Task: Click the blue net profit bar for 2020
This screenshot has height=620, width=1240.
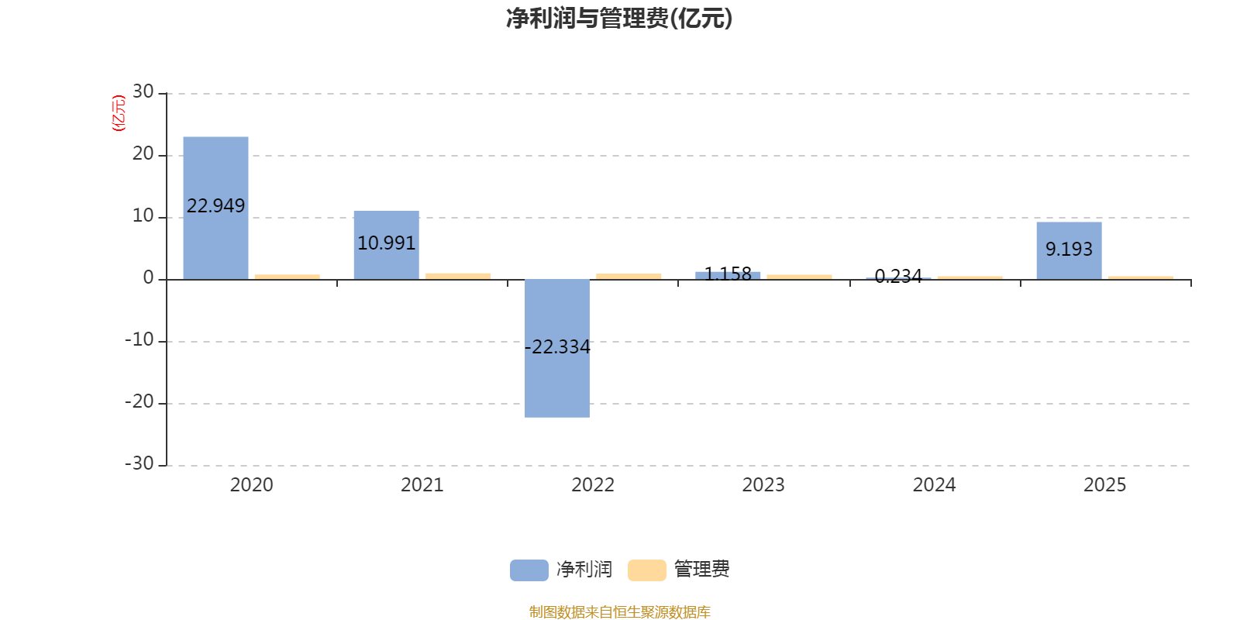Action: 216,208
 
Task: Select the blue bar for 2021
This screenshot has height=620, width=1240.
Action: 387,245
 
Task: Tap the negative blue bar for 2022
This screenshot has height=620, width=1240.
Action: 557,348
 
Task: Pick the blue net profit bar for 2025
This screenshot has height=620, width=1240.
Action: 1069,251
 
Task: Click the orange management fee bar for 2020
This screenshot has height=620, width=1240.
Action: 288,277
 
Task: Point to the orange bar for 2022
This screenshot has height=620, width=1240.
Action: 629,276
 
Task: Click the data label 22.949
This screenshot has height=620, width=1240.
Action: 216,206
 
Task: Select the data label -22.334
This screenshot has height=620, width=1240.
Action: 557,347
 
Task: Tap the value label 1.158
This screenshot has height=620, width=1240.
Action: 728,274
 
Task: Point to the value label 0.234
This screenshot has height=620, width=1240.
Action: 898,276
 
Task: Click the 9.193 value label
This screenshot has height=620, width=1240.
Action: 1069,249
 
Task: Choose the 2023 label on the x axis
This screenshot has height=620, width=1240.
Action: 763,485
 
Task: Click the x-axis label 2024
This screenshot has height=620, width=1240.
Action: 935,485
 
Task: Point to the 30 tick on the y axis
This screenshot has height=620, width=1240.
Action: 143,91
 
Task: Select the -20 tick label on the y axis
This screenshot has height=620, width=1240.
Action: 139,401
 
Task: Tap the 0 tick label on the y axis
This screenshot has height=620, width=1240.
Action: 148,277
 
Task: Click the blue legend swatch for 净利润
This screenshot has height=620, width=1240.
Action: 529,570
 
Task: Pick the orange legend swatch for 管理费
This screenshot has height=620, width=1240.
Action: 646,570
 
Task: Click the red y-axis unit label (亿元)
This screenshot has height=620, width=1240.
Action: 119,113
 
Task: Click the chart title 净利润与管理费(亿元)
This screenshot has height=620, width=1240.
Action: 619,19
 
